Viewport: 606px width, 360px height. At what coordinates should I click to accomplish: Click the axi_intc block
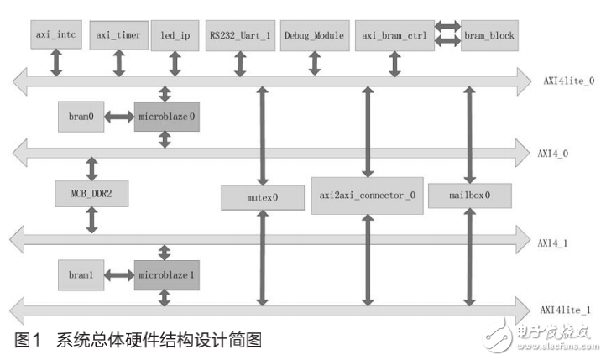(x=56, y=36)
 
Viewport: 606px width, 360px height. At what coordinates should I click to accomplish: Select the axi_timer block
(x=118, y=36)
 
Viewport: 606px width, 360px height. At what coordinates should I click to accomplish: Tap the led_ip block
(x=175, y=36)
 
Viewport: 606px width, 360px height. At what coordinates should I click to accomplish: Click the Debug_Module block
(x=314, y=36)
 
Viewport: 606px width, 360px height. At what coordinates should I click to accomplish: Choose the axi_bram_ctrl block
(x=394, y=36)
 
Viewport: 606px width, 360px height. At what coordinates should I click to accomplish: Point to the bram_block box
(x=489, y=36)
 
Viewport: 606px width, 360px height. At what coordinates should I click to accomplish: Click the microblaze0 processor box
(x=167, y=116)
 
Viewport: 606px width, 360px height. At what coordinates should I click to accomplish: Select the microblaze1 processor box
(x=167, y=274)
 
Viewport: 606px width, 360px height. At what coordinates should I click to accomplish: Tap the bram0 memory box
(x=80, y=116)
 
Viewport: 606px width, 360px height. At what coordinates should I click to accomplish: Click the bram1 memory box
(x=80, y=274)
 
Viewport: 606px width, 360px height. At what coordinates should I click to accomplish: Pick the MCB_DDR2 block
(x=91, y=193)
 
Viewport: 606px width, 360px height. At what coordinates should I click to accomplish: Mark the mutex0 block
(x=264, y=198)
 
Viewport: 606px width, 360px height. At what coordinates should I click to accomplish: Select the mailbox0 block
(x=469, y=195)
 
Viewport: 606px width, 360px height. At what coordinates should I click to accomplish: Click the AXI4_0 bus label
(x=558, y=154)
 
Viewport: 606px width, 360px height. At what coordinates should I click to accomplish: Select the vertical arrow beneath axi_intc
(x=56, y=62)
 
